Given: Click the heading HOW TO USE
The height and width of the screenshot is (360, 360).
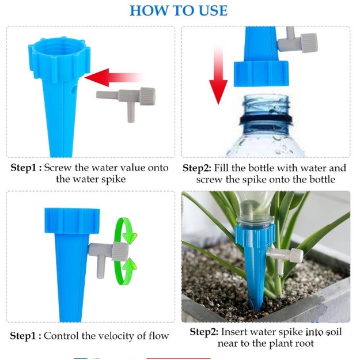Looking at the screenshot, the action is point(179,10).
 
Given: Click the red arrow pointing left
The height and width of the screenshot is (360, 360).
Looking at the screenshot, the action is point(113,78).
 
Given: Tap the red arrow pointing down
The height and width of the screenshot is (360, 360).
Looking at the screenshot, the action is point(218,75).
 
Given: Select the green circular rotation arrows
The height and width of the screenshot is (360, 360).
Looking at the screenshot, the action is point(125,251).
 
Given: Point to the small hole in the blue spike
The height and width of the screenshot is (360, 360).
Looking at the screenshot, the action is point(74,89).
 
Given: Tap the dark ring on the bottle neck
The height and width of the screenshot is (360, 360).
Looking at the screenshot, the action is point(266,120).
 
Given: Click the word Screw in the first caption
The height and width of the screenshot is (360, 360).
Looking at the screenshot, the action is point(58,168).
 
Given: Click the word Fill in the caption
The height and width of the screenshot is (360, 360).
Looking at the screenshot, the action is point(221,168).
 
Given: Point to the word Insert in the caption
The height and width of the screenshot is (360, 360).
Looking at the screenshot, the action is point(234,332).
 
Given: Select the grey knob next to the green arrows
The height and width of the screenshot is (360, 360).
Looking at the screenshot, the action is point(120,251).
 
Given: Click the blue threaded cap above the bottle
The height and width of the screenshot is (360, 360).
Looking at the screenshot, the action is point(261,74).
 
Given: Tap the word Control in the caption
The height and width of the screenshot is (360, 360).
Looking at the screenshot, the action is point(61,336).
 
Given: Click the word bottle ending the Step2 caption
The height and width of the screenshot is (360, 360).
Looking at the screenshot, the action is point(323,179).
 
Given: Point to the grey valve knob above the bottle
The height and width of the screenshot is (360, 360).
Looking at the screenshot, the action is point(309,43).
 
